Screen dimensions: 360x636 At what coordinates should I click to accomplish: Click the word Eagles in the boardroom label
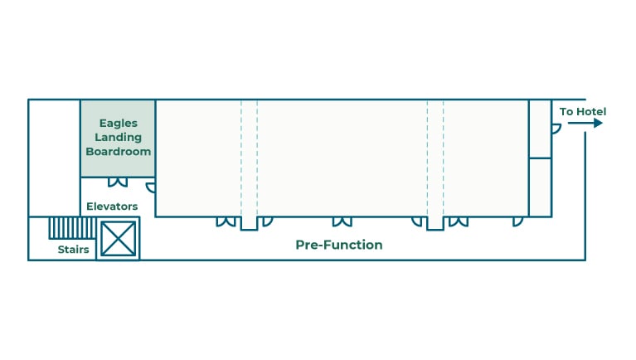118,122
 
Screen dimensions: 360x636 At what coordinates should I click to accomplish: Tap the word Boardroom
118,152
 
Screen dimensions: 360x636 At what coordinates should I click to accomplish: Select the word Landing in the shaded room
118,137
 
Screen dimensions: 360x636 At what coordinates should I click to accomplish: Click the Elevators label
112,207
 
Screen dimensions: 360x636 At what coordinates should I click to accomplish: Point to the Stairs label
73,250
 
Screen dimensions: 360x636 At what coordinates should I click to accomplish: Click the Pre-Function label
339,246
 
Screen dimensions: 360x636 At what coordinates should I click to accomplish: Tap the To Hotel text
582,112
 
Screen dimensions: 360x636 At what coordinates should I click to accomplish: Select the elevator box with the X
118,238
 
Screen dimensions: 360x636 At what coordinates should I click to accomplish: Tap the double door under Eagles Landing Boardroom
118,182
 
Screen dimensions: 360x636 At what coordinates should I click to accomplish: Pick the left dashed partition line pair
249,158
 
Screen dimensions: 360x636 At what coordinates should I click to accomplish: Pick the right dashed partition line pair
435,158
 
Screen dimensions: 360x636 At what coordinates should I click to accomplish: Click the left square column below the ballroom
249,222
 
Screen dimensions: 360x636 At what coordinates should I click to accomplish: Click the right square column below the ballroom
435,222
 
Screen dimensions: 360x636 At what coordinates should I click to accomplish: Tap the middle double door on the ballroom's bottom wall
342,221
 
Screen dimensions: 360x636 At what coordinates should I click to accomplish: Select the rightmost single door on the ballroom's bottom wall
517,221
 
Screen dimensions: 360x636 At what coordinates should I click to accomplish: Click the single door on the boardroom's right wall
151,187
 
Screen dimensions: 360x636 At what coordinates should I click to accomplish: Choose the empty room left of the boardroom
54,158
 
